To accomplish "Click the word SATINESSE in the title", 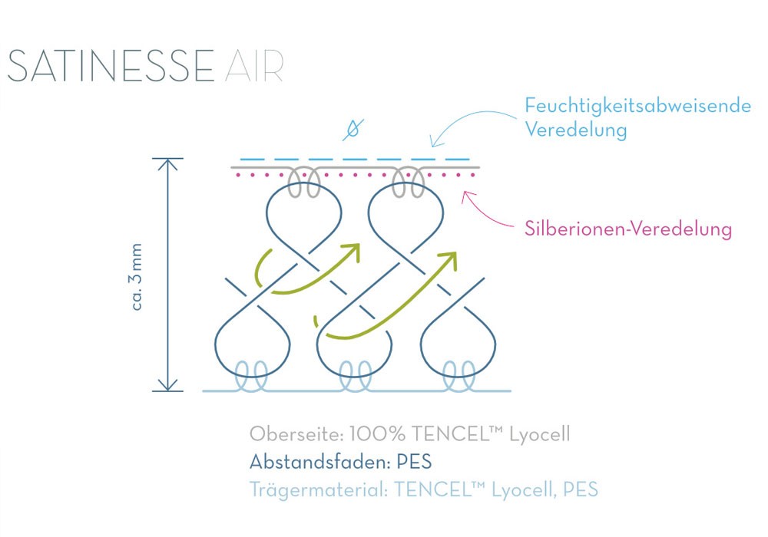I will click(x=111, y=68).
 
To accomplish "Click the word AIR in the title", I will click(x=255, y=68).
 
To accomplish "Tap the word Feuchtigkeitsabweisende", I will click(x=637, y=106).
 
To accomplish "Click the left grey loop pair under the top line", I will click(x=304, y=183).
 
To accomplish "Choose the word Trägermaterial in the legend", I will click(x=316, y=489).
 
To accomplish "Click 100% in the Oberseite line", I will click(x=376, y=434).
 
